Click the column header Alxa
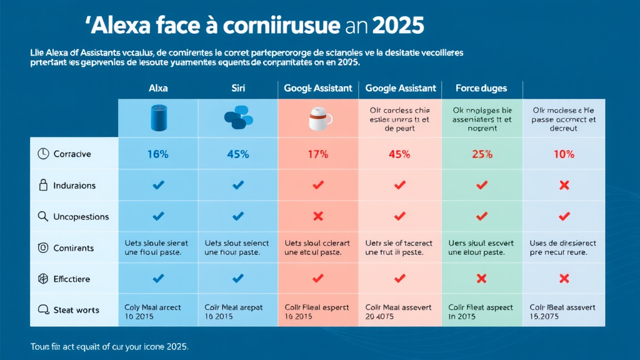[x=158, y=89]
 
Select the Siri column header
[x=237, y=89]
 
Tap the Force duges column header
[x=481, y=89]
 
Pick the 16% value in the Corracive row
[x=158, y=154]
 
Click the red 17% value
[x=317, y=154]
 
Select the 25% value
[x=481, y=154]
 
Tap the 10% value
[x=563, y=154]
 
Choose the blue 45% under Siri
[x=237, y=154]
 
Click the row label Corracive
[x=72, y=154]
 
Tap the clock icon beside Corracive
[x=43, y=154]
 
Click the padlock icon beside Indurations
[x=43, y=185]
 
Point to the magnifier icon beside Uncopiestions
[x=43, y=216]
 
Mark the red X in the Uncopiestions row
[x=317, y=216]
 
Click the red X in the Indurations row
[x=563, y=185]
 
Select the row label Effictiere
[x=72, y=279]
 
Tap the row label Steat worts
[x=76, y=310]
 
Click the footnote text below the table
[x=109, y=346]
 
